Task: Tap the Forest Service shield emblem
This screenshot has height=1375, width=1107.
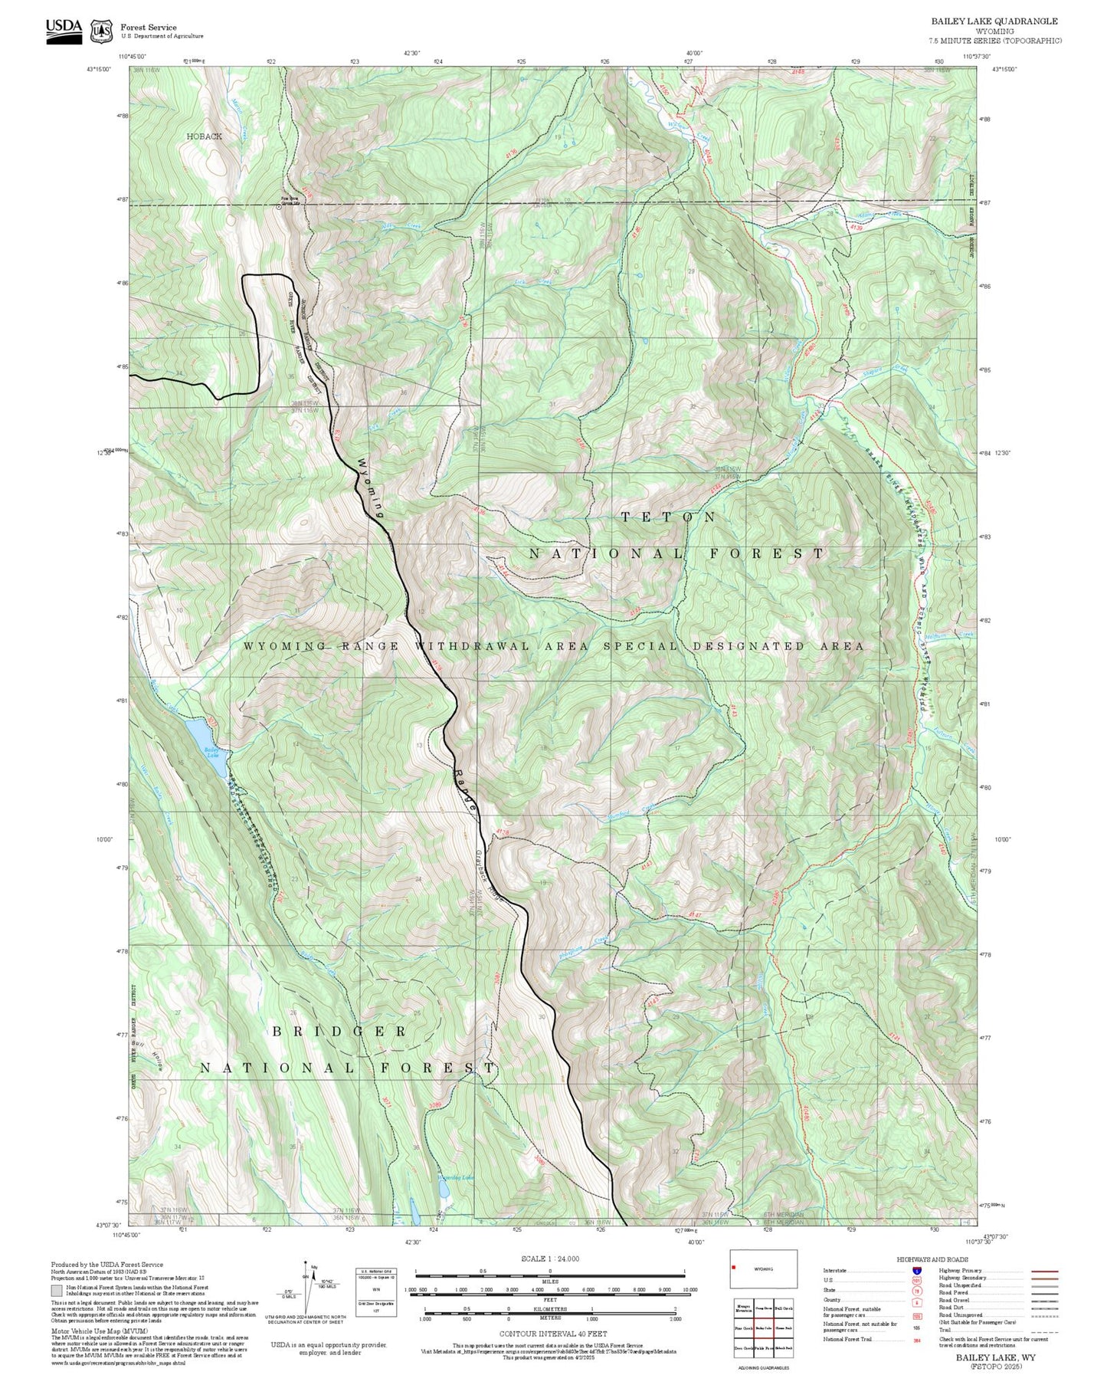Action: pyautogui.click(x=100, y=31)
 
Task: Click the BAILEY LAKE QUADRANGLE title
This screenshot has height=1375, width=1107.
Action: pyautogui.click(x=994, y=21)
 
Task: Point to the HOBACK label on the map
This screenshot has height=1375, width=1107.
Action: pyautogui.click(x=204, y=136)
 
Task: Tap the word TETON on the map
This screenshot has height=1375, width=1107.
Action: pyautogui.click(x=668, y=517)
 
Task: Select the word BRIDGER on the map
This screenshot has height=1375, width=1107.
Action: pyautogui.click(x=339, y=1032)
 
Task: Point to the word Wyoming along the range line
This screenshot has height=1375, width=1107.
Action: pyautogui.click(x=371, y=488)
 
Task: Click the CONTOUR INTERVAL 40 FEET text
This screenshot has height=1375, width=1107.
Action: pyautogui.click(x=552, y=1334)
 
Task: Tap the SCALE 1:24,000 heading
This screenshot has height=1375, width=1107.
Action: pyautogui.click(x=550, y=1259)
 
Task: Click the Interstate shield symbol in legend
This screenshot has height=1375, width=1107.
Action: pyautogui.click(x=916, y=1271)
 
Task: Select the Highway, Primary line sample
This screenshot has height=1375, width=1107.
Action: pyautogui.click(x=1044, y=1271)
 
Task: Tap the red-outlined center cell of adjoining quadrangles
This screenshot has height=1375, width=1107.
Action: pyautogui.click(x=763, y=1328)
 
